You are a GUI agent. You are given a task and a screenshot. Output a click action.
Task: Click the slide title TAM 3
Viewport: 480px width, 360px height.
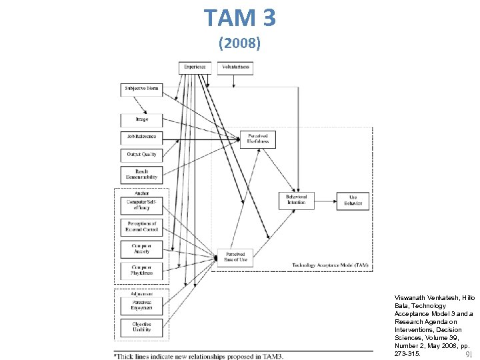click(239, 17)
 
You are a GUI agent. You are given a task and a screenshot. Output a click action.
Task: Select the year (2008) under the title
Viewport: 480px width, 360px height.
click(239, 45)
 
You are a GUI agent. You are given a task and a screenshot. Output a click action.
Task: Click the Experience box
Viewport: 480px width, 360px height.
click(195, 67)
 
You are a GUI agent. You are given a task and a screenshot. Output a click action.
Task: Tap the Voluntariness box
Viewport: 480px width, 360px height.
click(235, 67)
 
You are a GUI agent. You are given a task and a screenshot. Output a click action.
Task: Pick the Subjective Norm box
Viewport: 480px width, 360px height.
click(141, 89)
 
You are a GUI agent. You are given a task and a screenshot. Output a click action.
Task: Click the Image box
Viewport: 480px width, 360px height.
click(141, 119)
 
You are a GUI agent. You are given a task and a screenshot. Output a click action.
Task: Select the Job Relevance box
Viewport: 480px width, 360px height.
click(141, 137)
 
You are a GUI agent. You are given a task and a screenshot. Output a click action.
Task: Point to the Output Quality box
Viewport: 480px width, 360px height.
click(141, 154)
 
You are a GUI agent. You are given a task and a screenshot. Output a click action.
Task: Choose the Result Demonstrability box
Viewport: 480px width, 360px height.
click(141, 175)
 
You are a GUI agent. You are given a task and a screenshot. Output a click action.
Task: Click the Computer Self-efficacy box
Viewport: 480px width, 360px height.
click(141, 205)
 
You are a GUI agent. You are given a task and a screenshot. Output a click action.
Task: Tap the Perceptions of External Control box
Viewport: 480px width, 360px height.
click(141, 227)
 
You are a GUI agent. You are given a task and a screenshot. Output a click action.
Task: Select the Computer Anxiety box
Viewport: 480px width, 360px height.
click(141, 249)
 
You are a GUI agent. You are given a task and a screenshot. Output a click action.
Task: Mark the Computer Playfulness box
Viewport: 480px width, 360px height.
click(141, 270)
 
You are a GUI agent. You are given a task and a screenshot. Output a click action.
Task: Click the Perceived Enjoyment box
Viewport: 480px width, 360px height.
click(141, 305)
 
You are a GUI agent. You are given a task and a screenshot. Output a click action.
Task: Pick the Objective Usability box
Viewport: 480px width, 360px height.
click(141, 327)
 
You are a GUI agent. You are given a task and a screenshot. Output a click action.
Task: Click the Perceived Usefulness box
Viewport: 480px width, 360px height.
click(257, 139)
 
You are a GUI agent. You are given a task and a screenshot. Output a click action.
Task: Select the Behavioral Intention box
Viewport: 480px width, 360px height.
click(297, 200)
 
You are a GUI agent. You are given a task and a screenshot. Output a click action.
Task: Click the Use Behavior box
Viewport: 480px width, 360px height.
click(353, 200)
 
